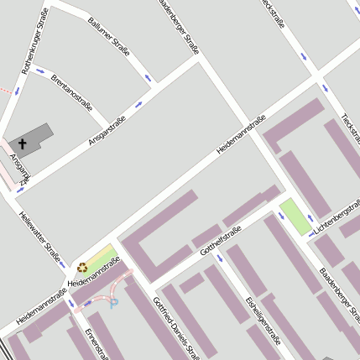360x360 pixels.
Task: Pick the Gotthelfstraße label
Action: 222,238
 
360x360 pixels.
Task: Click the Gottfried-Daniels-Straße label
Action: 175,326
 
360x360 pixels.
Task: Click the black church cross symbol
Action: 23,144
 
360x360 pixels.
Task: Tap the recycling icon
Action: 82,268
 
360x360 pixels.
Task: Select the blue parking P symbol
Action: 114,303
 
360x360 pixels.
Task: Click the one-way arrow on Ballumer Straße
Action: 149,78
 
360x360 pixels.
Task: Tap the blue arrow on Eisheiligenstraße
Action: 221,258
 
